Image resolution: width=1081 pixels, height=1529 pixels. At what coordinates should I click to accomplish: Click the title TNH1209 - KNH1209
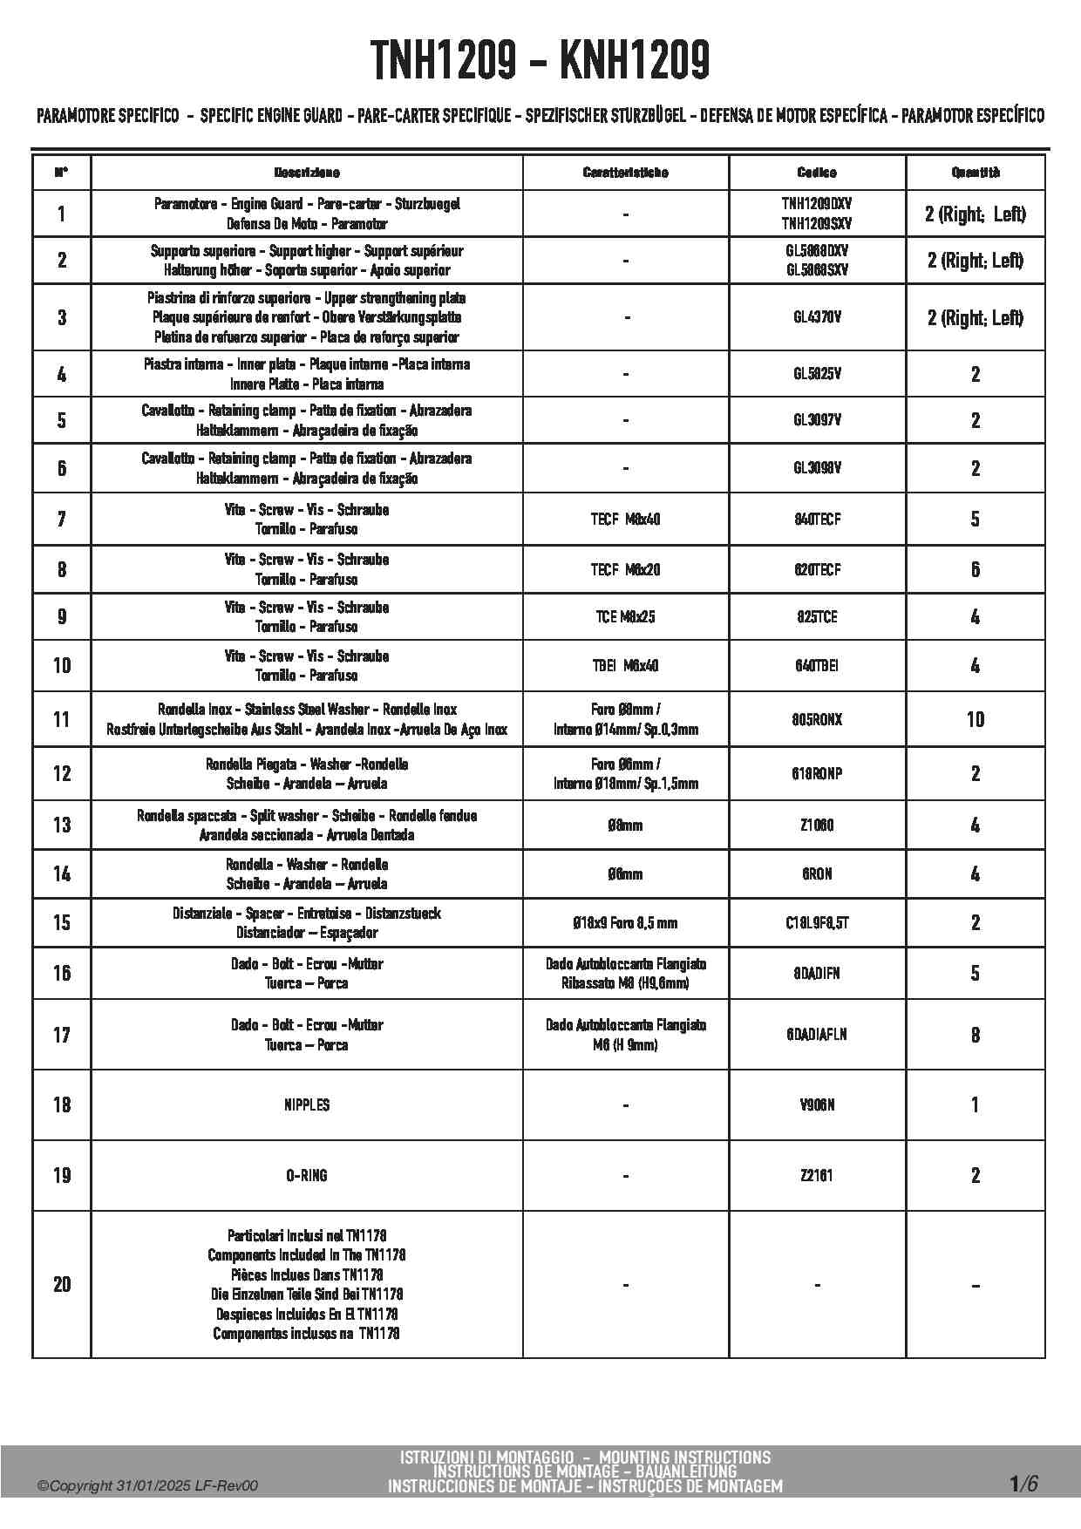[540, 61]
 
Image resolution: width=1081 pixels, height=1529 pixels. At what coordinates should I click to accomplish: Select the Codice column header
[817, 173]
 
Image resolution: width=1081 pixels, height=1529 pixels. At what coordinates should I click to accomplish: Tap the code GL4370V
[817, 317]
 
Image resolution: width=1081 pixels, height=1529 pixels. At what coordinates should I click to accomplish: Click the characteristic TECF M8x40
[625, 520]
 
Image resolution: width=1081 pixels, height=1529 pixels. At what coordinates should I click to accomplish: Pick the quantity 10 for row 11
[976, 719]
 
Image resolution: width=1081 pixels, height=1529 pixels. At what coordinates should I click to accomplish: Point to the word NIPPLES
[307, 1104]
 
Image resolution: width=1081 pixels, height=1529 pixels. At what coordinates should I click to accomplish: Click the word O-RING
[307, 1175]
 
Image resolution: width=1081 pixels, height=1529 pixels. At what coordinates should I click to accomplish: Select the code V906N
[817, 1104]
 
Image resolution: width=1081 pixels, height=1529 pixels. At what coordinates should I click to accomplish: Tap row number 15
[62, 922]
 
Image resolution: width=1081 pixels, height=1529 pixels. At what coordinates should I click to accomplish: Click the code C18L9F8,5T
[817, 922]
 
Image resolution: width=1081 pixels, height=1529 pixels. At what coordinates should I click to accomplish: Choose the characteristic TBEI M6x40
[625, 666]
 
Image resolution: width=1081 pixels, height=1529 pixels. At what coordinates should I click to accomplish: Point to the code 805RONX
[817, 719]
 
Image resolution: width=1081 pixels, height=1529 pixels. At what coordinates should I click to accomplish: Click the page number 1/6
[1023, 1483]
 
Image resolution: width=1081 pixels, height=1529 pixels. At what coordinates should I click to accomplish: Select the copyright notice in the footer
[148, 1486]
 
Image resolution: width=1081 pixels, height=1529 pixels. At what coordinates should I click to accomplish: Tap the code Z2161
[817, 1175]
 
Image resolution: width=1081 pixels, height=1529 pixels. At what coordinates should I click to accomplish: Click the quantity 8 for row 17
[976, 1035]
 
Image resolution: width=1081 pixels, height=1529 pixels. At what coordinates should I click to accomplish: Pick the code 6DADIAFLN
[817, 1035]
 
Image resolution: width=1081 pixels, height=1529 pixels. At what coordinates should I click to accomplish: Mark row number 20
[62, 1284]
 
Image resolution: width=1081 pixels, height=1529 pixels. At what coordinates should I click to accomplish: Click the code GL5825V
[817, 374]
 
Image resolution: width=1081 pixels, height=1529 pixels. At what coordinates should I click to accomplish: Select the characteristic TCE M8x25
[625, 617]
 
